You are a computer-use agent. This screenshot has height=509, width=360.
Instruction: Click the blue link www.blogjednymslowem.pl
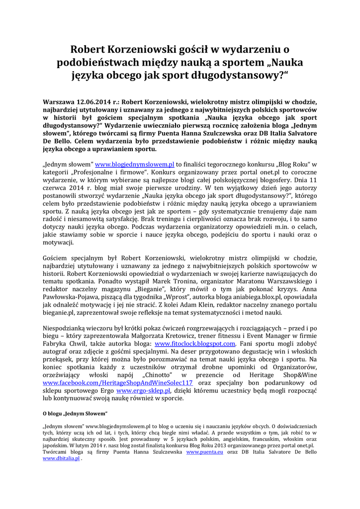tap(135, 164)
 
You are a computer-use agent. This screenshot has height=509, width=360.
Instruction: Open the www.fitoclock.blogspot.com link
tap(195, 343)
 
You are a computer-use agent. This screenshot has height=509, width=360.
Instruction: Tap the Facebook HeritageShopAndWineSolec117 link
tap(118, 383)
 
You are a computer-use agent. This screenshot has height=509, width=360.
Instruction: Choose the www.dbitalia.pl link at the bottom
tap(61, 459)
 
